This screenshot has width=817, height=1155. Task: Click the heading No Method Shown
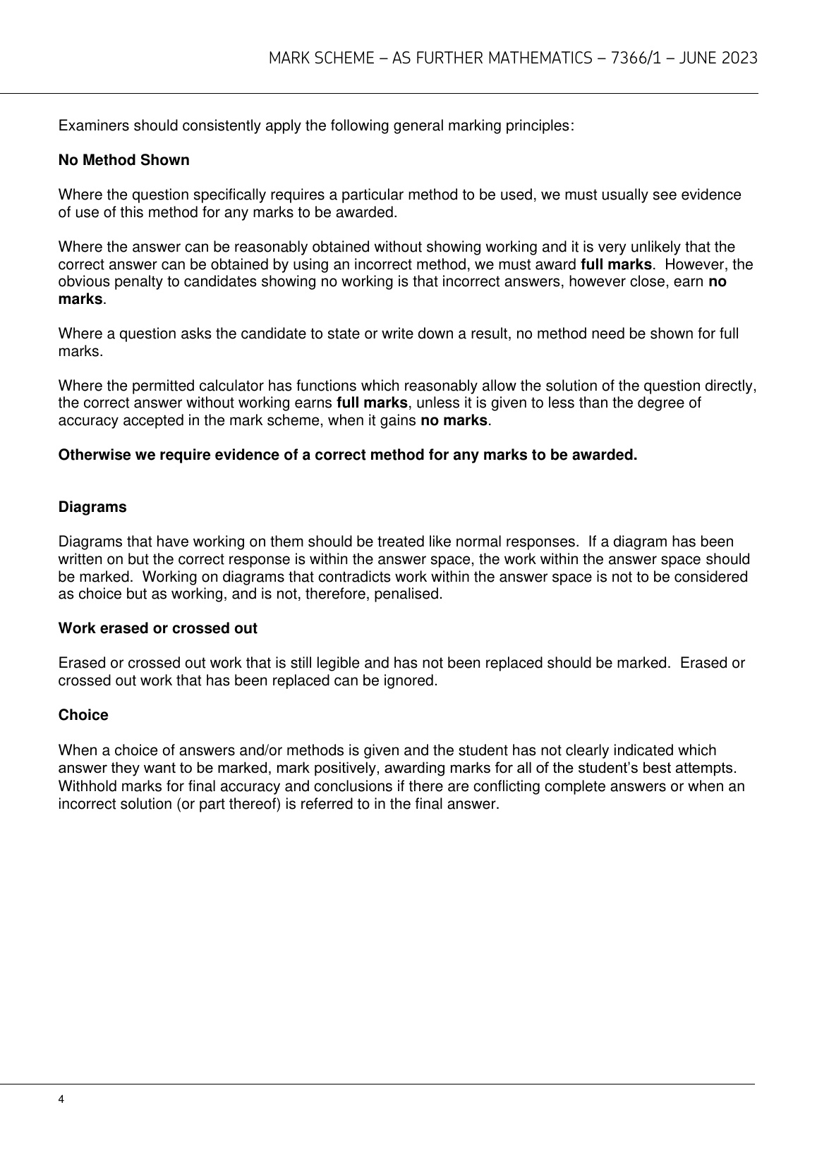(x=123, y=160)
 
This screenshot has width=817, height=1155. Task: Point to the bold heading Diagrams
(x=92, y=507)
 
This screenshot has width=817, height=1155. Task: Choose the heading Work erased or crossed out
(x=157, y=628)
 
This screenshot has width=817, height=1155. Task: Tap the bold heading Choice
(x=83, y=715)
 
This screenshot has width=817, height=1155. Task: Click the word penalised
(x=410, y=594)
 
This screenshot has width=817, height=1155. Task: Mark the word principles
(x=538, y=126)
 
